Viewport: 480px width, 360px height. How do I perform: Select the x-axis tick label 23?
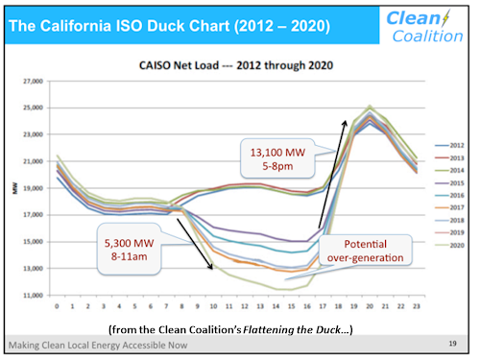[x=414, y=308]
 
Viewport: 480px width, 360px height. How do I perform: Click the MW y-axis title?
[x=14, y=188]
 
